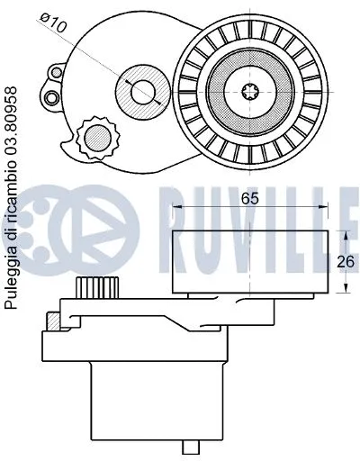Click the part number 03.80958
(x=11, y=122)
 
